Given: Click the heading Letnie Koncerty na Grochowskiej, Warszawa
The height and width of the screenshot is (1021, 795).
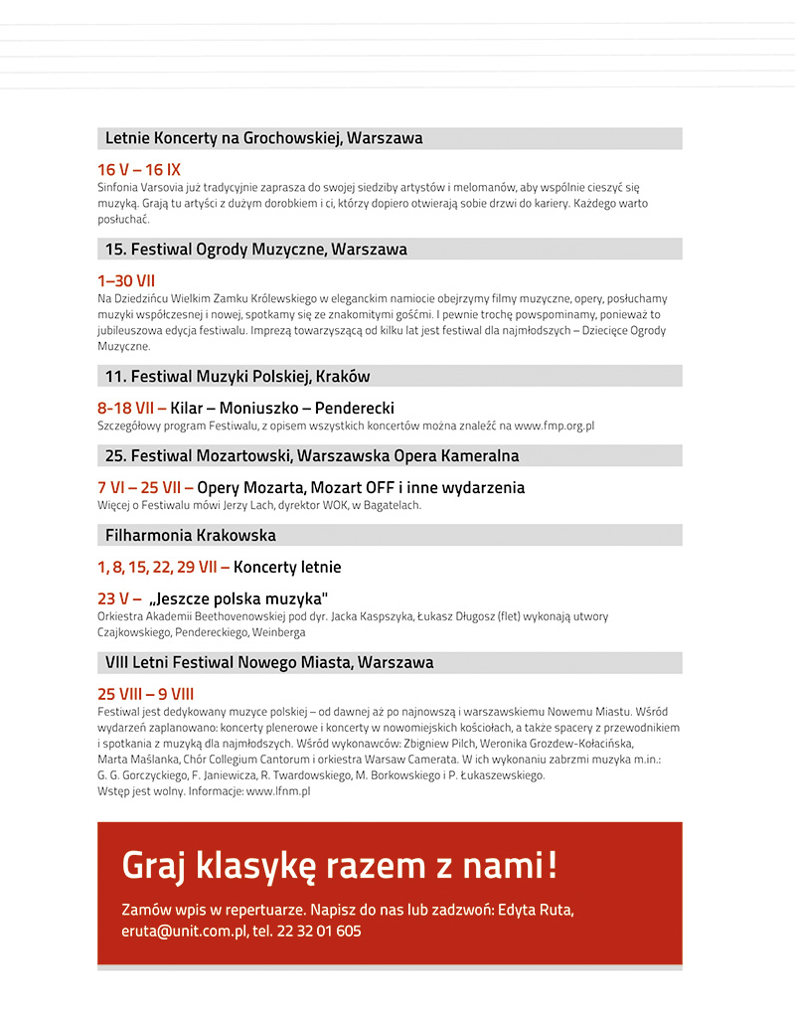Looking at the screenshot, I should tap(263, 138).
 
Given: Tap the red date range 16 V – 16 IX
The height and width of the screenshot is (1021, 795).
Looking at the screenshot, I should tap(139, 170).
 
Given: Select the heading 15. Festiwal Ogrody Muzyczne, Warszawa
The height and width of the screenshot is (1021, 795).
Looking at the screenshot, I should tap(256, 250).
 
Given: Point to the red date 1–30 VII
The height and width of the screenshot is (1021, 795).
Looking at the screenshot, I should tap(126, 281).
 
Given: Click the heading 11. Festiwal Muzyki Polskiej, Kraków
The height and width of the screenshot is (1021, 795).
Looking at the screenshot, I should tap(238, 377).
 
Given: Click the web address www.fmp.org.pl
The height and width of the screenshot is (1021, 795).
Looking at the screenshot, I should tap(555, 425).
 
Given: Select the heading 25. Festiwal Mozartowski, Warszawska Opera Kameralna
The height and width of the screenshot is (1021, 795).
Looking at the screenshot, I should tap(312, 456).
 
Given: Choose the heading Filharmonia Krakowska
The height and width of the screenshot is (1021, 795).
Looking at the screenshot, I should tap(191, 536).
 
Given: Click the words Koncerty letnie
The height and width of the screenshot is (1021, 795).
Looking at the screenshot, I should tap(287, 568).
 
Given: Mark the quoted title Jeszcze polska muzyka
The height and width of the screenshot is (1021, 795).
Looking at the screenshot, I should tap(238, 598).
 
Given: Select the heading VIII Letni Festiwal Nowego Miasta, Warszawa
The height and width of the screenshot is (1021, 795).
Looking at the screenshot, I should tap(269, 662).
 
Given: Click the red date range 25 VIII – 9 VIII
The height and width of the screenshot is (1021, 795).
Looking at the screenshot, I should tap(145, 694).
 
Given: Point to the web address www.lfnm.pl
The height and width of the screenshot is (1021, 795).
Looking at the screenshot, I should tap(278, 791).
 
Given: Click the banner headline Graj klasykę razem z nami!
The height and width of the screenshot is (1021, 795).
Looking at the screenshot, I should tap(339, 865).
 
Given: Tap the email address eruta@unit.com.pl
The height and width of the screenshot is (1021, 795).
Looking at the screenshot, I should tap(184, 932).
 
